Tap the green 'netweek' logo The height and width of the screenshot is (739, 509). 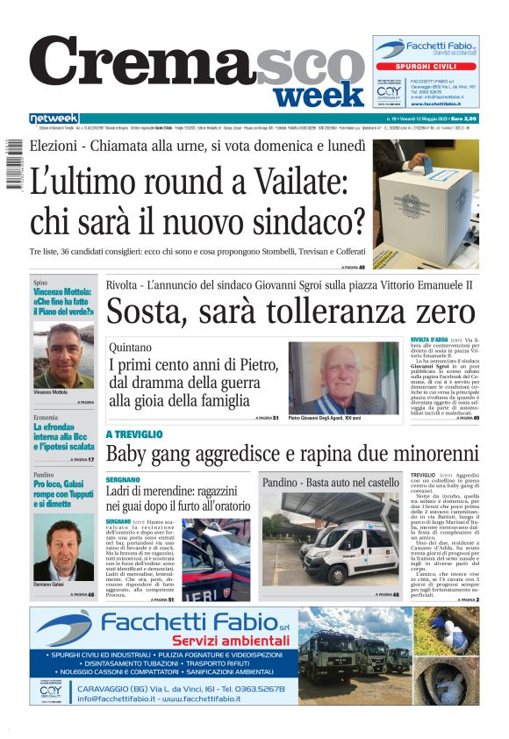click(54, 118)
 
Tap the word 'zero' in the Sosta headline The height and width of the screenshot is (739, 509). click(443, 312)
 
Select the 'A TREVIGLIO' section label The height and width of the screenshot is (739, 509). click(134, 434)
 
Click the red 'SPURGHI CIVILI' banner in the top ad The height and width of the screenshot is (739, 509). click(425, 66)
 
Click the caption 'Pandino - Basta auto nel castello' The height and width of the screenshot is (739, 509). click(330, 483)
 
